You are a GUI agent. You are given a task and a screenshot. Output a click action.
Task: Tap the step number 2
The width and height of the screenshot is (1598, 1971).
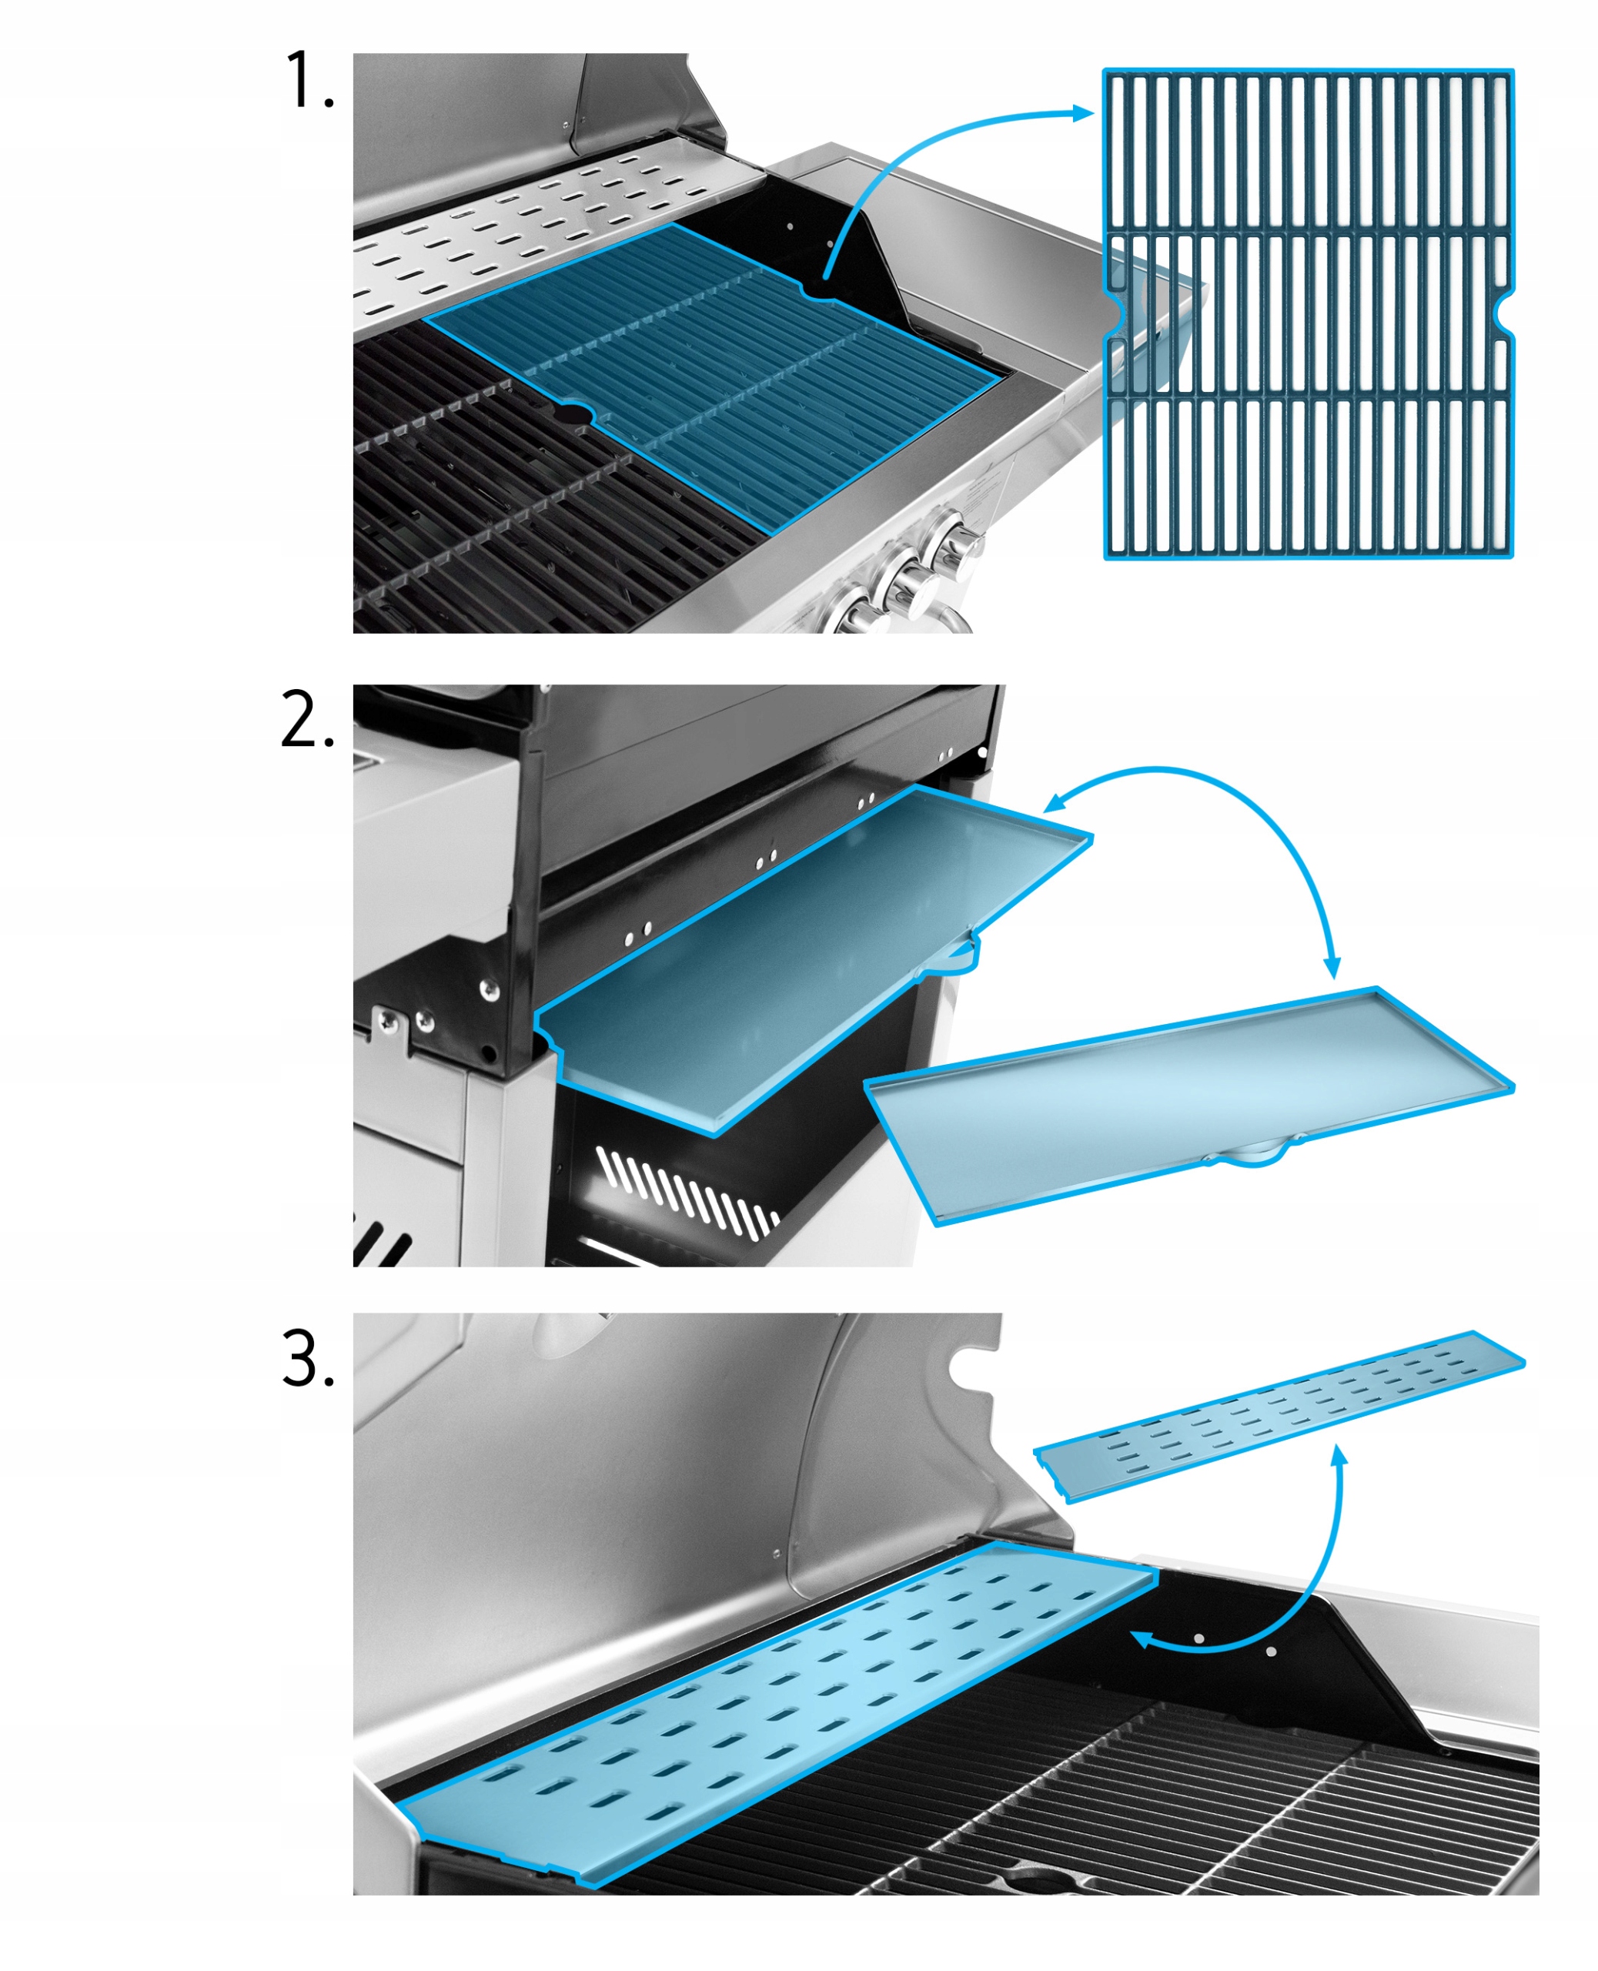coord(307,721)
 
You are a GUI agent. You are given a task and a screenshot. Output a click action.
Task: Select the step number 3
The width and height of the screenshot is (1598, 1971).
coord(307,1359)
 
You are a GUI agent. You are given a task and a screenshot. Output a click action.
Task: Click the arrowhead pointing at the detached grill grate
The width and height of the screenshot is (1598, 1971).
coord(1085,113)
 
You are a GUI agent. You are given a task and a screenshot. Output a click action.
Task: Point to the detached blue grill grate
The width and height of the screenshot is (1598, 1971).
coord(1307,313)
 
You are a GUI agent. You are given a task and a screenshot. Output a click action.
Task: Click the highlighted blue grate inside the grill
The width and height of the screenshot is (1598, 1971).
coord(718,368)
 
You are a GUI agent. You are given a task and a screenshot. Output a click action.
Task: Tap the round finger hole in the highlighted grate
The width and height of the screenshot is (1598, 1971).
coord(575,415)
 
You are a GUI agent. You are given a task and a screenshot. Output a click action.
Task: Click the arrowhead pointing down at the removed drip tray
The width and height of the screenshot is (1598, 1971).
coord(1332,966)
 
